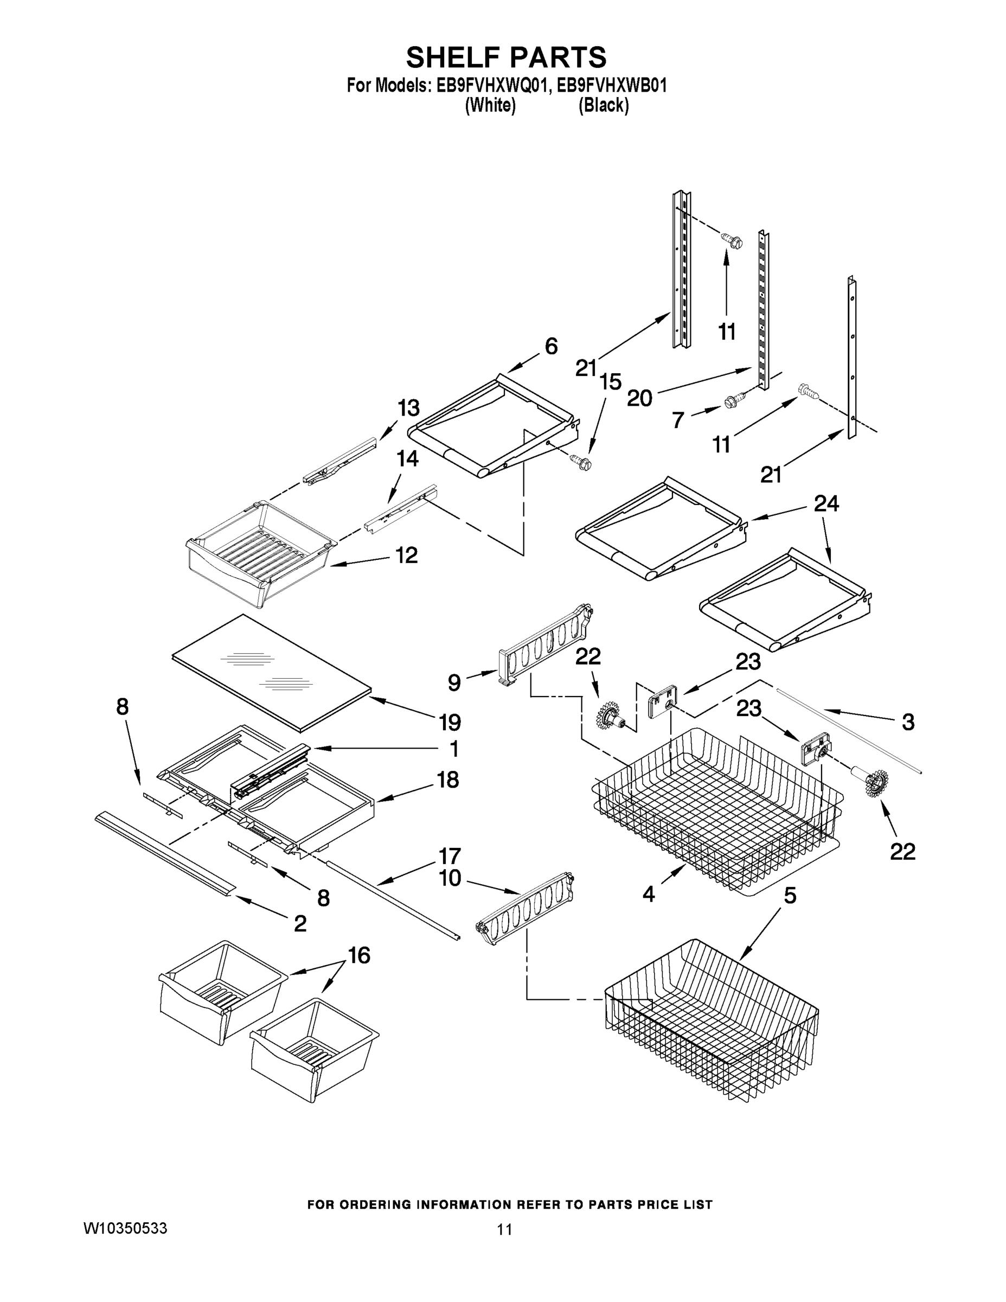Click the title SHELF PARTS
coord(505,58)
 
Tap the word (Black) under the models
coord(603,106)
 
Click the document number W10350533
coord(125,1228)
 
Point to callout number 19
coord(450,723)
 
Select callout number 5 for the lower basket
coord(790,895)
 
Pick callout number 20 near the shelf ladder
coord(639,398)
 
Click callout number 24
coord(826,504)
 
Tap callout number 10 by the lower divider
coord(450,878)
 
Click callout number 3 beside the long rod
coord(908,723)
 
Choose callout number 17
coord(450,856)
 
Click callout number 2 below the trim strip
coord(300,923)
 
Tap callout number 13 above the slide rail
coord(409,409)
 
